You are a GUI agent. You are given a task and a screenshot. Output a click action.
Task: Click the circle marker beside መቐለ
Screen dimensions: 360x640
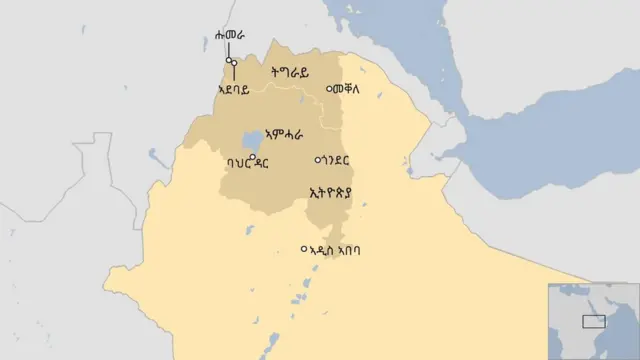pos(331,89)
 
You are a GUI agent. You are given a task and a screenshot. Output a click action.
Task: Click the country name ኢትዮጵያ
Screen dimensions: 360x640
pos(331,193)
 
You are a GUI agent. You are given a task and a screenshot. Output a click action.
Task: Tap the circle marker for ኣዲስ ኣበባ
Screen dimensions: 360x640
pos(305,249)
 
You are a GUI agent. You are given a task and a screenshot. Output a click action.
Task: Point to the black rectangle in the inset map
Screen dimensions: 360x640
pos(594,321)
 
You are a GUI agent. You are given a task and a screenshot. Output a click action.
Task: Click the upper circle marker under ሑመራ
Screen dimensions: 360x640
pos(229,61)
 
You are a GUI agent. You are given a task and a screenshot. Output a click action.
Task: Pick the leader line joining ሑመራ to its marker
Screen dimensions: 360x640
pos(228,51)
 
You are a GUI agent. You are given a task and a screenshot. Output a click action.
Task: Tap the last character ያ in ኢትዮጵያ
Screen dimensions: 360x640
pos(350,193)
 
